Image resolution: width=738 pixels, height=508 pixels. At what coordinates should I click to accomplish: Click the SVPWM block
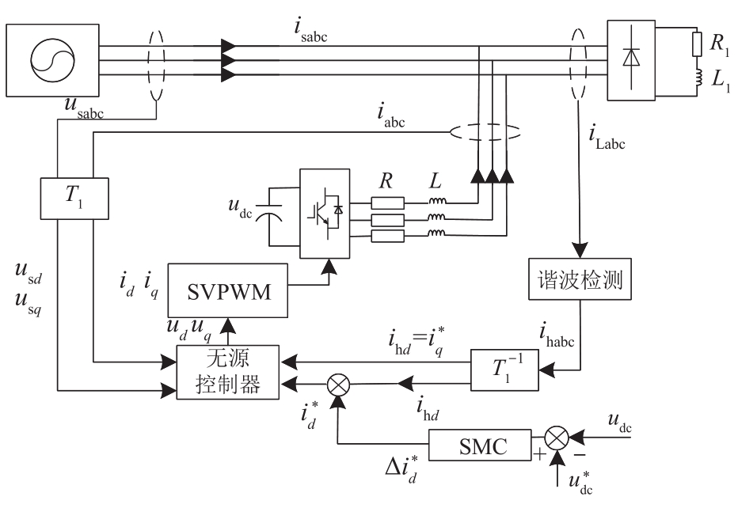point(228,290)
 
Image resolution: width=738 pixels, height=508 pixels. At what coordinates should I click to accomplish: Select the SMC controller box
point(480,445)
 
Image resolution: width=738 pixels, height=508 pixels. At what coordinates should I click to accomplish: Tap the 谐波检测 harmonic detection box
point(580,279)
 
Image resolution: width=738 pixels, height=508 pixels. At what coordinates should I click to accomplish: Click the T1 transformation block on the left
point(74,199)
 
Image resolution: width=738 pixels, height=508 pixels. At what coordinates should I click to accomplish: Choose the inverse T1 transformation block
point(504,370)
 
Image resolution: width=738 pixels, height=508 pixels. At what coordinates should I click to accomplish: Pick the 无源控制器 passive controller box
point(228,373)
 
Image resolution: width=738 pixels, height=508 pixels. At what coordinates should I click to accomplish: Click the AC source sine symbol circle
point(52,60)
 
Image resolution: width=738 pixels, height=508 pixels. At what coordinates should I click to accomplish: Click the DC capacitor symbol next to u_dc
point(270,213)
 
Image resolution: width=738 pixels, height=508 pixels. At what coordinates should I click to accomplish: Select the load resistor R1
point(698,44)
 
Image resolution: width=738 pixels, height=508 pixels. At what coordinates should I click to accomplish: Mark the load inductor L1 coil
point(698,78)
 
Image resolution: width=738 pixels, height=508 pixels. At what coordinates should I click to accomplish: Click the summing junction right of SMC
point(557,438)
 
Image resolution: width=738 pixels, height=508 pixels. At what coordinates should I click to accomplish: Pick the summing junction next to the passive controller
point(338,384)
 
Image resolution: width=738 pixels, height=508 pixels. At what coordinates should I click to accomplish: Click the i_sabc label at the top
point(310,31)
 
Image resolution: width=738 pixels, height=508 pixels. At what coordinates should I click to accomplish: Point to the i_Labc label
point(607,138)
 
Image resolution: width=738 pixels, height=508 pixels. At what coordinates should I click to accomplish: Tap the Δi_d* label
point(401,468)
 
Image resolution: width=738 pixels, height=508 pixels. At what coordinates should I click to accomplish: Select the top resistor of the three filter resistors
point(388,203)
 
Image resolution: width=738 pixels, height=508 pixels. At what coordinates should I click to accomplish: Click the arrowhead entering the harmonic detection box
point(580,250)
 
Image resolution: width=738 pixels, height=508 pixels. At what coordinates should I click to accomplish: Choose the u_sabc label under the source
point(84,108)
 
